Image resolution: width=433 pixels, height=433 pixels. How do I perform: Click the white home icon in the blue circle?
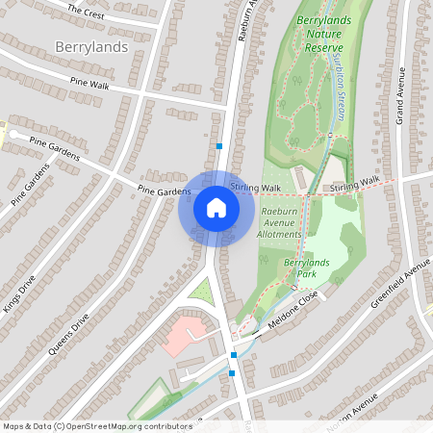click(x=216, y=208)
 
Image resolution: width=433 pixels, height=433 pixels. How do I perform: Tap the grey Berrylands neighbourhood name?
click(x=91, y=46)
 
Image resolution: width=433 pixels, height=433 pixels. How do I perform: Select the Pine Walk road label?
click(x=89, y=84)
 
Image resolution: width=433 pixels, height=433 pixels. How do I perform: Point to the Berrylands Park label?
click(x=300, y=267)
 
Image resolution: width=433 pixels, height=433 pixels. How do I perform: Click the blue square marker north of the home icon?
click(x=220, y=146)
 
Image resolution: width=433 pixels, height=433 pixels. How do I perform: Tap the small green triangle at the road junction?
click(x=200, y=288)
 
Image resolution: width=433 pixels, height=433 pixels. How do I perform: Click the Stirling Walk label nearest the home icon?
click(x=257, y=188)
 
